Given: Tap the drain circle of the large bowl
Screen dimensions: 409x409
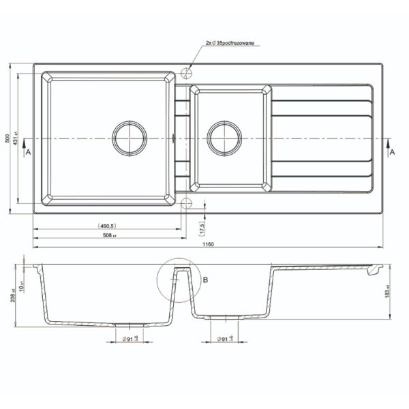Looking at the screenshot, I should tap(130, 138).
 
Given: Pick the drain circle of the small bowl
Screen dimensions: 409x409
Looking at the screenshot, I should tap(224, 138).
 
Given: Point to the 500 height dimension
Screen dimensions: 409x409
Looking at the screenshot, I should tap(8, 138).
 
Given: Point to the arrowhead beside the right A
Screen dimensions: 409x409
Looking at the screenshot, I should tap(388, 143).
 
